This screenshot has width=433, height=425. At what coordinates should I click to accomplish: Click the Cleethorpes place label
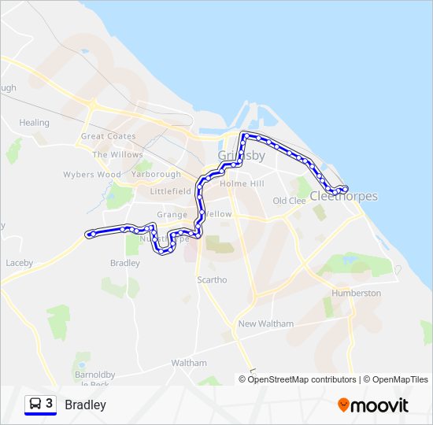pyautogui.click(x=344, y=196)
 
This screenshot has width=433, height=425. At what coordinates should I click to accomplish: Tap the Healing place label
pyautogui.click(x=34, y=123)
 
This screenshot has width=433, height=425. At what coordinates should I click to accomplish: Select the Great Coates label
pyautogui.click(x=109, y=136)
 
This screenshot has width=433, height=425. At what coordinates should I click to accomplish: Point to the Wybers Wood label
pyautogui.click(x=93, y=174)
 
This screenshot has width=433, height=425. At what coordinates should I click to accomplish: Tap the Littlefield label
pyautogui.click(x=170, y=190)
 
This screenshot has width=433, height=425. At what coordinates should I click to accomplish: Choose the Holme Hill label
pyautogui.click(x=242, y=183)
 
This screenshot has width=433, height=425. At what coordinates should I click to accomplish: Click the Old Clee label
pyautogui.click(x=289, y=201)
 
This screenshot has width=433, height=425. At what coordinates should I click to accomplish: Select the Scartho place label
pyautogui.click(x=212, y=279)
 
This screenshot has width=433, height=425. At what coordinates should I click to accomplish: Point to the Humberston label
pyautogui.click(x=357, y=293)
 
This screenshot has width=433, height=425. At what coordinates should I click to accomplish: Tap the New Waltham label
pyautogui.click(x=265, y=323)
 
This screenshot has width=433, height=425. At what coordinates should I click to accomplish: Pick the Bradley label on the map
pyautogui.click(x=125, y=263)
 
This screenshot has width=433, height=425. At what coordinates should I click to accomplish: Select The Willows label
pyautogui.click(x=117, y=154)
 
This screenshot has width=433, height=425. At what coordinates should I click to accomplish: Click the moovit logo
pyautogui.click(x=373, y=405)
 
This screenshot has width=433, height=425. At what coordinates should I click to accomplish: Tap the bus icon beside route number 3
pyautogui.click(x=35, y=405)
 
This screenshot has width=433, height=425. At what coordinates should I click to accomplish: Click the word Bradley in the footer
pyautogui.click(x=85, y=405)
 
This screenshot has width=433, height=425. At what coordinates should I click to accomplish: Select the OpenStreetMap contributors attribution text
pyautogui.click(x=302, y=379)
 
